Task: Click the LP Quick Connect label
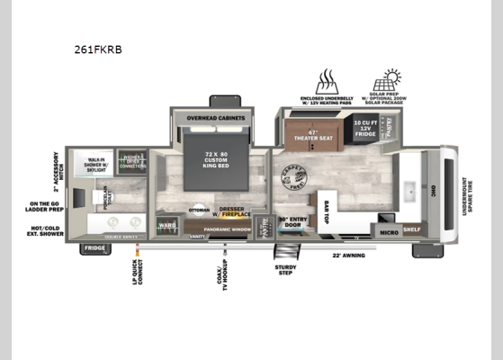click(x=135, y=276)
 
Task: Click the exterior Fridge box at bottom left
click(x=94, y=248)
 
